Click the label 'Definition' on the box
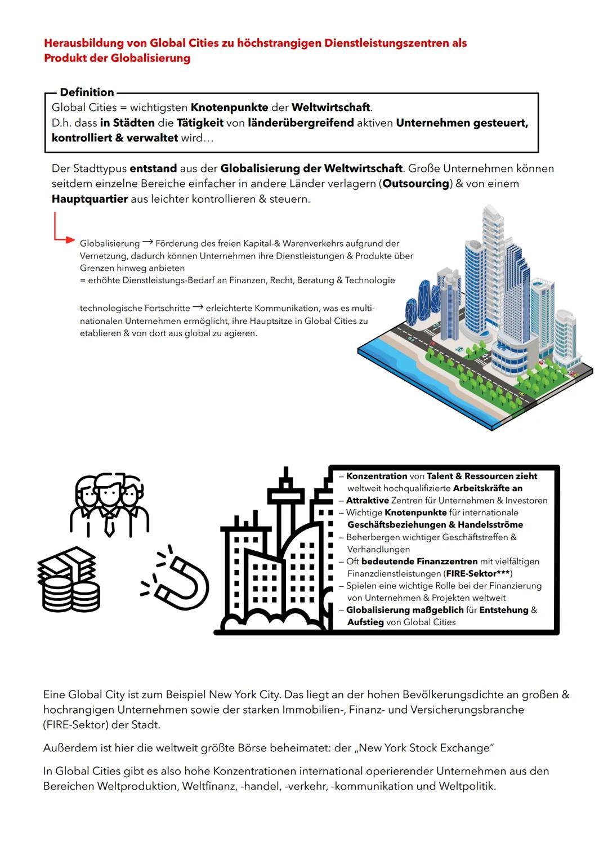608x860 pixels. [87, 92]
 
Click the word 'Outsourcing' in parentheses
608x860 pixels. [416, 184]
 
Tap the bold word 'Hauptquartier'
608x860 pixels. [90, 199]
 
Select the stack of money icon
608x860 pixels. [69, 580]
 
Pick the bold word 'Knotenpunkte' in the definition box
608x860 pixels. [229, 107]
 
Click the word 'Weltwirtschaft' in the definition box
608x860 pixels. [330, 107]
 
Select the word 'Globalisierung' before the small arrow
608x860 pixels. [110, 243]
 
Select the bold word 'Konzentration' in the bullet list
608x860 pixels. [377, 476]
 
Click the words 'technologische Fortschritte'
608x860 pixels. [135, 308]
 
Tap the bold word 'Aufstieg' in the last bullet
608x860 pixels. [365, 622]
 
